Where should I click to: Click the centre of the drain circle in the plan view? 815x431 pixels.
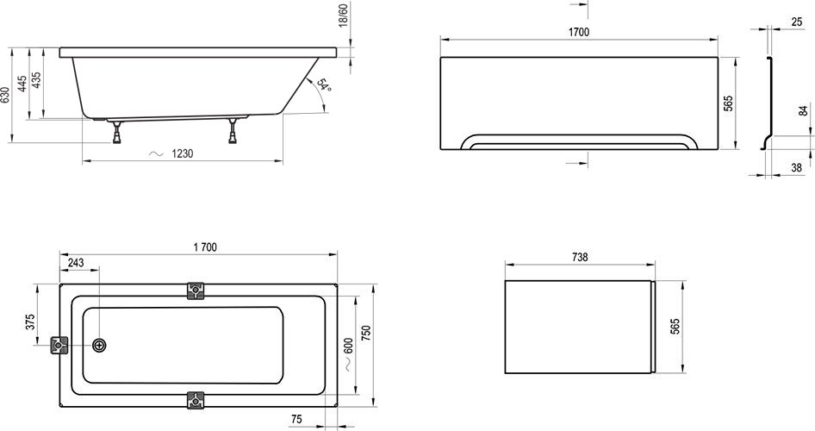pyautogui.click(x=99, y=345)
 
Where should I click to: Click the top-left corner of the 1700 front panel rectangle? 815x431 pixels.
pyautogui.click(x=441, y=57)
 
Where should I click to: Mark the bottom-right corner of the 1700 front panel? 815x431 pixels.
pyautogui.click(x=718, y=150)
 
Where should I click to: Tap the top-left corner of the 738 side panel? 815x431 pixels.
pyautogui.click(x=505, y=281)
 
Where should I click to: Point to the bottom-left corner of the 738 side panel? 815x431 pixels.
pyautogui.click(x=505, y=373)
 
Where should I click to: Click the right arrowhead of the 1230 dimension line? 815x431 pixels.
pyautogui.click(x=280, y=161)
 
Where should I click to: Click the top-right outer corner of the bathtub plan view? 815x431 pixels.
pyautogui.click(x=338, y=284)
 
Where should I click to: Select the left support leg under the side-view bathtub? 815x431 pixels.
pyautogui.click(x=116, y=132)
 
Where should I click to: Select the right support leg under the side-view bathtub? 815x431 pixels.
pyautogui.click(x=233, y=131)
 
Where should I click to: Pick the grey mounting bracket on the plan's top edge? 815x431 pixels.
pyautogui.click(x=196, y=290)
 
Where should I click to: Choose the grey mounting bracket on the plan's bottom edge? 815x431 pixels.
pyautogui.click(x=196, y=400)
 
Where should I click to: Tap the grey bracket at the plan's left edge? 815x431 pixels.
pyautogui.click(x=59, y=345)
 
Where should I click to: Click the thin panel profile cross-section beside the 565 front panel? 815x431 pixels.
pyautogui.click(x=767, y=103)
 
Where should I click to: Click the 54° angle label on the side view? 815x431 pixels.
pyautogui.click(x=323, y=85)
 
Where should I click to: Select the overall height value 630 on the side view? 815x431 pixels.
pyautogui.click(x=4, y=95)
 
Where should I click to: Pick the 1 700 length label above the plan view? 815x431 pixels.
pyautogui.click(x=205, y=247)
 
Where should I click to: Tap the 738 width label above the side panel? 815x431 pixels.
pyautogui.click(x=580, y=257)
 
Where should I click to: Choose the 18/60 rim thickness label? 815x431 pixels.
pyautogui.click(x=344, y=16)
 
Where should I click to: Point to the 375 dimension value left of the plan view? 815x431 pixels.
pyautogui.click(x=31, y=322)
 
